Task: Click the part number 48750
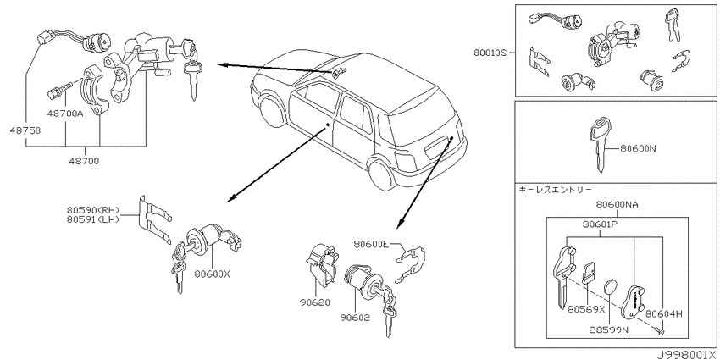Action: pos(25,130)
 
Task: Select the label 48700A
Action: pos(64,113)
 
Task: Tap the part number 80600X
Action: pos(212,274)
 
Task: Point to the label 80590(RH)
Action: pos(93,210)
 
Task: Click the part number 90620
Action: pos(314,303)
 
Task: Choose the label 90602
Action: pos(355,318)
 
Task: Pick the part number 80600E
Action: pos(371,244)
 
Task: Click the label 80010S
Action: pos(490,53)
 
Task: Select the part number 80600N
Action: pos(639,148)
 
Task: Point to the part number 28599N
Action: pos(609,330)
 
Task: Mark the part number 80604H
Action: pos(664,314)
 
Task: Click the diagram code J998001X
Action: pos(685,355)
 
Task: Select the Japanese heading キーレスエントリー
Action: pos(556,189)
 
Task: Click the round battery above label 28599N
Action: pos(609,287)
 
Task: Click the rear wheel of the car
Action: pos(382,174)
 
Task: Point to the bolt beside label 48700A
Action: pos(59,90)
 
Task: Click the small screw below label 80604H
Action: pos(660,330)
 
